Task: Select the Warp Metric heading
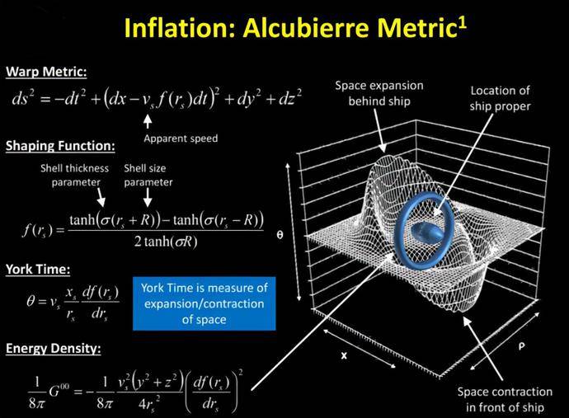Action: [x=46, y=72]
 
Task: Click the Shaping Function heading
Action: [x=60, y=145]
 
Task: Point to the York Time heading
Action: [x=38, y=270]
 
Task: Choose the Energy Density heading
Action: [x=53, y=348]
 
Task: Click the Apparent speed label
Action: [x=181, y=139]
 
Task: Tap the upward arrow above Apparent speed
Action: [x=148, y=121]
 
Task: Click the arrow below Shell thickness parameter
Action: [x=101, y=198]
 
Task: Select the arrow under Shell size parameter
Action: [x=148, y=198]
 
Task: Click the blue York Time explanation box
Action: [x=205, y=303]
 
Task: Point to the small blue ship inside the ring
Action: [x=427, y=232]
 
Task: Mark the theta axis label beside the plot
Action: [x=280, y=235]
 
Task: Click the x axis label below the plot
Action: [x=344, y=355]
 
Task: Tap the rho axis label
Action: [x=521, y=345]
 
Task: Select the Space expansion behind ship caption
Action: [x=379, y=93]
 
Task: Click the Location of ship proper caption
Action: [x=500, y=98]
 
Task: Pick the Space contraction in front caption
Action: [x=505, y=400]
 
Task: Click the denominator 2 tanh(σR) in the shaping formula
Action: [x=166, y=242]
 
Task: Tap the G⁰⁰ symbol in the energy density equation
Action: [x=59, y=392]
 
